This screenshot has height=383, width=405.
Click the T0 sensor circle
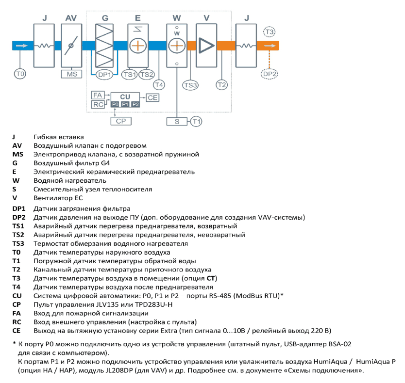(x=20, y=74)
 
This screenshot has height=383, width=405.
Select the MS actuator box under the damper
(x=71, y=74)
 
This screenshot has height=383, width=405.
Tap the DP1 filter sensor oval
(x=104, y=75)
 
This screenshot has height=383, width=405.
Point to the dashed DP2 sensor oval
(x=270, y=74)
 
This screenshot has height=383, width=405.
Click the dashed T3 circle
(x=270, y=32)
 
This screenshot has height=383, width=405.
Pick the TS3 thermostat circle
(x=190, y=85)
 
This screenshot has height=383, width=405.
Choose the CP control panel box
(x=121, y=121)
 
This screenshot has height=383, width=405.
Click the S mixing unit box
(x=177, y=122)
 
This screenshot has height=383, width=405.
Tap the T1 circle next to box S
(x=196, y=122)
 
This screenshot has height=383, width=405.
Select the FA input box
(x=98, y=95)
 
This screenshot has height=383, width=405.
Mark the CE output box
(x=152, y=98)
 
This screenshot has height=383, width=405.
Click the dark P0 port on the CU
(x=115, y=104)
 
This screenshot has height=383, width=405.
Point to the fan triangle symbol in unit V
(x=206, y=46)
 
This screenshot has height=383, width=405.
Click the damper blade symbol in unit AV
(x=71, y=46)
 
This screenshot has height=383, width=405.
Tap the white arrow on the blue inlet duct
(x=22, y=46)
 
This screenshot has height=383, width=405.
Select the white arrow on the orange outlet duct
(x=270, y=46)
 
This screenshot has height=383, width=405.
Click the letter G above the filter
(x=105, y=18)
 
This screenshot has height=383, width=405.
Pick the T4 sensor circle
(x=159, y=85)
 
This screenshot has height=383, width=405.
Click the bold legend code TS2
(x=18, y=235)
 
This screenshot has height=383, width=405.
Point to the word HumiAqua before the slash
(x=330, y=362)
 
